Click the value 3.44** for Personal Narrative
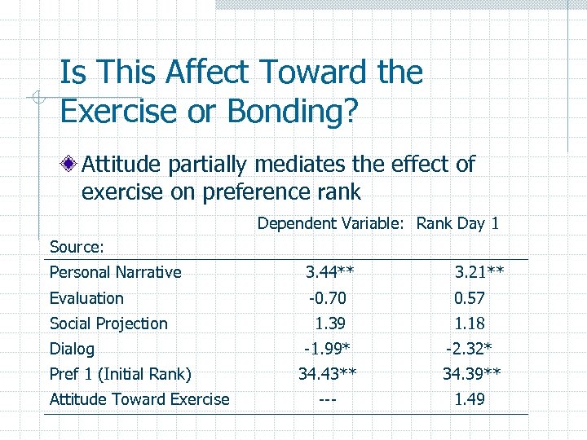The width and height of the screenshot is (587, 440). tap(329, 272)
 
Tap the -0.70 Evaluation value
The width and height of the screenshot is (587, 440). tap(325, 298)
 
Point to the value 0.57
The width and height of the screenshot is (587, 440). tap(470, 298)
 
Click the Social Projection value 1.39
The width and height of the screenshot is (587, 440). tap(330, 323)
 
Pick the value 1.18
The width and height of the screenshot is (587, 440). tap(470, 323)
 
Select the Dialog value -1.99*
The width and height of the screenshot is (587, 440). tap(326, 349)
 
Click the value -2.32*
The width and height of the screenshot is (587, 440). tap(469, 349)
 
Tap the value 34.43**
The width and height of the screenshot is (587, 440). tap(328, 374)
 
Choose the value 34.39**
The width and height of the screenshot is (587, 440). tap(471, 374)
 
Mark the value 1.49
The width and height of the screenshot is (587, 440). tap(470, 399)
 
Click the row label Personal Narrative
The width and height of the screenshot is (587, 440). tap(115, 272)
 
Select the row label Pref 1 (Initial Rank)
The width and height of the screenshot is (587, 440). tap(120, 374)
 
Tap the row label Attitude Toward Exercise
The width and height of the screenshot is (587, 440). tap(139, 399)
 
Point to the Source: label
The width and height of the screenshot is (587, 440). tap(77, 246)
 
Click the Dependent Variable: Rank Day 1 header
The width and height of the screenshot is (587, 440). tap(378, 223)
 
